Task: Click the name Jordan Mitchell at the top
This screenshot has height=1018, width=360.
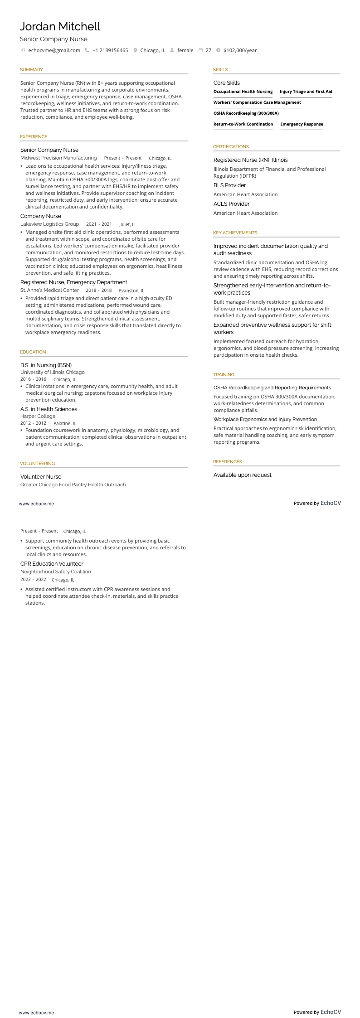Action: [60, 26]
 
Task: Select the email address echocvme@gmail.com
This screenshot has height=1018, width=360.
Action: [54, 50]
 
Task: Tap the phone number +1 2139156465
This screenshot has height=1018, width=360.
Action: [110, 50]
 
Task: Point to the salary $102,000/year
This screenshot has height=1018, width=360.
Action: [240, 50]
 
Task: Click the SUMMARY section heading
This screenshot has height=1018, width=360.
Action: [31, 70]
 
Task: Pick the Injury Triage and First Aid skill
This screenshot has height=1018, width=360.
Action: [306, 92]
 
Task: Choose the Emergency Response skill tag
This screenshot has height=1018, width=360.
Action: [302, 124]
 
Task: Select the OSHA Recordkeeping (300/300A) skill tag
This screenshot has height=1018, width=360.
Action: [246, 113]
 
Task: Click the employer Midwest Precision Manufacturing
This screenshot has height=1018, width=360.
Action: [58, 158]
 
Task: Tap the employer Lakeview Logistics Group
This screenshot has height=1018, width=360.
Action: [49, 224]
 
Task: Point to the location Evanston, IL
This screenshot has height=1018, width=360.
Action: [131, 291]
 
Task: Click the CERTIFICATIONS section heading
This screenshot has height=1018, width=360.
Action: [231, 147]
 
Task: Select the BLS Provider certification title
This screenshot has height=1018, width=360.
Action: [229, 185]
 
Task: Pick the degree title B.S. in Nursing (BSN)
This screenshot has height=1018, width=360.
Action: [46, 365]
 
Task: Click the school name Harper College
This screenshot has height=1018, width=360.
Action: [38, 416]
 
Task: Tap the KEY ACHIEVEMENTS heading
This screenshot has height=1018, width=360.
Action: [235, 233]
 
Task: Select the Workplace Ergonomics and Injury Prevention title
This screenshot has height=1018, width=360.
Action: [265, 419]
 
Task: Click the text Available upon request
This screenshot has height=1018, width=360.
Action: [242, 475]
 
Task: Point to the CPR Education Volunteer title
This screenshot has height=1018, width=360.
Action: [52, 564]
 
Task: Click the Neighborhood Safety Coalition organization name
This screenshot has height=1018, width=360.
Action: [55, 572]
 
